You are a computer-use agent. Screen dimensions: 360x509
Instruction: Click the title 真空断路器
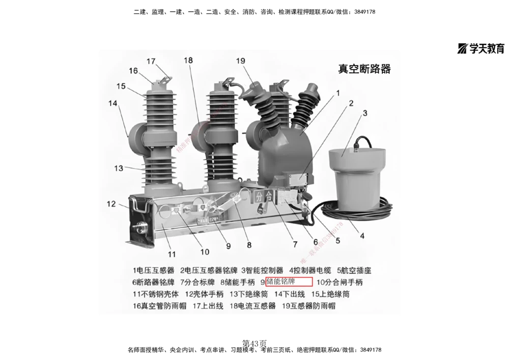[364, 69]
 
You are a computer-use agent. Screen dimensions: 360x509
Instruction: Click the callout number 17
[151, 61]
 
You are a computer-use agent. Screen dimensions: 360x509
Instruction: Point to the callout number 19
[241, 61]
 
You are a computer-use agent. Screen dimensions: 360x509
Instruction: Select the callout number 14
[112, 103]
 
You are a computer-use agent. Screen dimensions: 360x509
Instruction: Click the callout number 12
[111, 204]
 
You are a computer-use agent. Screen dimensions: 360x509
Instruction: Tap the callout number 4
[362, 236]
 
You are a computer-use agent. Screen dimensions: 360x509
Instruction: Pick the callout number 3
[364, 113]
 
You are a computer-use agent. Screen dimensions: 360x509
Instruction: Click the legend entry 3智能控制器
[262, 270]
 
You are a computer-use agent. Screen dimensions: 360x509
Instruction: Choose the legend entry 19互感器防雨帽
[308, 306]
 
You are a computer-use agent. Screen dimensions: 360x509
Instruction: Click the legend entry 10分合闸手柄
[340, 282]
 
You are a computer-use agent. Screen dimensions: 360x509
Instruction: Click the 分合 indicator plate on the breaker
[264, 196]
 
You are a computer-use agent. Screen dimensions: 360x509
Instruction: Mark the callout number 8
[249, 244]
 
